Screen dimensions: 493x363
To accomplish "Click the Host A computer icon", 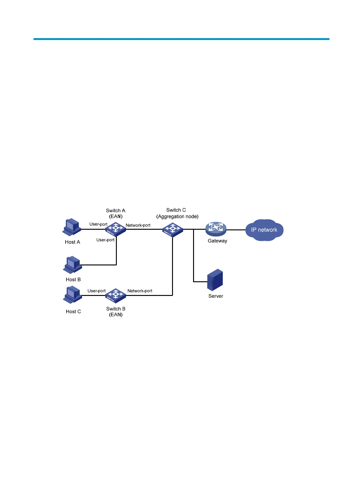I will tap(72, 227).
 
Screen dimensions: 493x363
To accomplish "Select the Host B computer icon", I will tap(73, 264).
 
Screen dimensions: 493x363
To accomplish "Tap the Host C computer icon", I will tap(73, 294).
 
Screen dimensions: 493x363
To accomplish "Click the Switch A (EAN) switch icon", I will tap(116, 229).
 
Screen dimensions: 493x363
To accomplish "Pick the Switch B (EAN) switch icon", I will tap(116, 295).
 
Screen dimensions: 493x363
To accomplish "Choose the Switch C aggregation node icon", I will tap(173, 230).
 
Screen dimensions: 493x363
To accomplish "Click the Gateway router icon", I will tap(216, 229).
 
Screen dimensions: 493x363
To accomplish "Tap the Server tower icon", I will tap(215, 280).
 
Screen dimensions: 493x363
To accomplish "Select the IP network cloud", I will tap(264, 230).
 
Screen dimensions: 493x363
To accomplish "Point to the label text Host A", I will tap(73, 242).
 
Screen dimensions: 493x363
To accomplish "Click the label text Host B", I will tap(73, 279).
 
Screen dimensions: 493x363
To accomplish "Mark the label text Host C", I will tap(73, 311).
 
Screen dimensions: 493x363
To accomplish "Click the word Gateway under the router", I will tap(217, 241).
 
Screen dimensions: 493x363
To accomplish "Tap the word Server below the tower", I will tap(216, 296).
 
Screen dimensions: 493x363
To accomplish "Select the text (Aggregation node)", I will tap(178, 216).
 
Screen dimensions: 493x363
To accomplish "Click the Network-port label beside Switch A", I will tap(138, 225).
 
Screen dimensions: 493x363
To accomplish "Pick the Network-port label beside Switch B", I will tap(140, 291).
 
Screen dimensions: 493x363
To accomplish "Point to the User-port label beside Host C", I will tap(96, 291).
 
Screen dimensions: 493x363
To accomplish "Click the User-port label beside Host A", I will tap(98, 224).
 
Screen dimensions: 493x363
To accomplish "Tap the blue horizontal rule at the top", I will tap(182, 39).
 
